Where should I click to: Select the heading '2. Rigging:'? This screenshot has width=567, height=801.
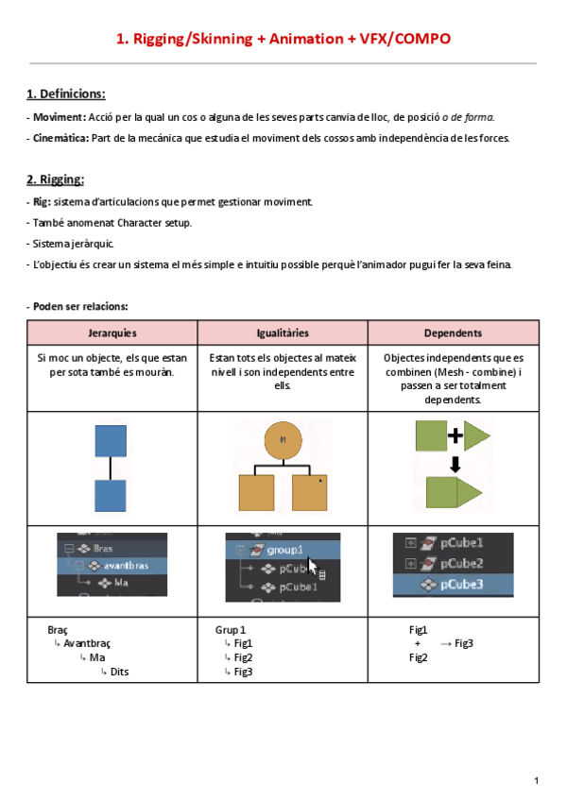(x=56, y=179)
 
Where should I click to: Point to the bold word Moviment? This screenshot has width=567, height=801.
(x=58, y=117)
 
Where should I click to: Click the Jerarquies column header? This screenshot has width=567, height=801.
(x=112, y=333)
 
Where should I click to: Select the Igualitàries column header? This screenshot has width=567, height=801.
(x=283, y=333)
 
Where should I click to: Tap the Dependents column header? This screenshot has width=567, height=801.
(x=453, y=333)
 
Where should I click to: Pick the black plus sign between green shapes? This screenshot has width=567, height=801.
(x=455, y=435)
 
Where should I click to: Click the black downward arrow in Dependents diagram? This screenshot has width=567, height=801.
(x=455, y=464)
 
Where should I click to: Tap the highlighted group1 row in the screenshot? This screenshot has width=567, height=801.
(x=281, y=550)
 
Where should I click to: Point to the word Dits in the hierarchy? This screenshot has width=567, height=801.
(x=119, y=672)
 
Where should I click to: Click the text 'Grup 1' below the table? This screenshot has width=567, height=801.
(x=231, y=629)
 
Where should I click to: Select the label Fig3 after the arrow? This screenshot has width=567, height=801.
(x=463, y=643)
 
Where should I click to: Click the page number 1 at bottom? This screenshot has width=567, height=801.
(x=535, y=780)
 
